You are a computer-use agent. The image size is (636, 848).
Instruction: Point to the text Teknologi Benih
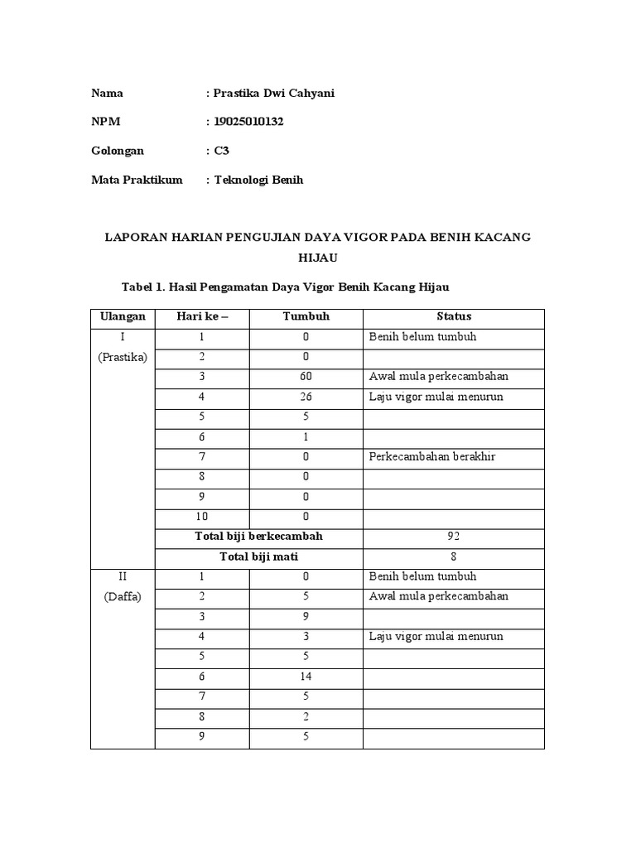tap(259, 180)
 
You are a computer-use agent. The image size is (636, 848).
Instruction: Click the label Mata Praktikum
tap(136, 180)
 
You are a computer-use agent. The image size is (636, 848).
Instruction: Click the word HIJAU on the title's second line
tap(317, 258)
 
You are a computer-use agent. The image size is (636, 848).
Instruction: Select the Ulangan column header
tap(123, 316)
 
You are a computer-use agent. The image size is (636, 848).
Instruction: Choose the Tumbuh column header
tap(306, 316)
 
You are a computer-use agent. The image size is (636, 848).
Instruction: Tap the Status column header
tap(454, 316)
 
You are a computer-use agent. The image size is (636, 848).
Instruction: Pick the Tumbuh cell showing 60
tap(306, 377)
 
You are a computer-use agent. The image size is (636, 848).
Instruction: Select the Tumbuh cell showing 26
tap(306, 397)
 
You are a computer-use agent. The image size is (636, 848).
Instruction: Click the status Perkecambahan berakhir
tap(432, 456)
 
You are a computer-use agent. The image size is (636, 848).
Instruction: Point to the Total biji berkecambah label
tap(258, 537)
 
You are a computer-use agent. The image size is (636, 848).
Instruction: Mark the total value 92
tap(454, 537)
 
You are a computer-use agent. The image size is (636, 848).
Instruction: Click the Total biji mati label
tap(258, 556)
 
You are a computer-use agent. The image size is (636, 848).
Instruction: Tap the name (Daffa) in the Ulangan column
tap(123, 596)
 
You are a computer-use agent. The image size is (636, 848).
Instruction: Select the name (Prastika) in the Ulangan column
tap(123, 357)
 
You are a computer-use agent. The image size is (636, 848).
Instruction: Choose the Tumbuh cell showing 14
tap(306, 677)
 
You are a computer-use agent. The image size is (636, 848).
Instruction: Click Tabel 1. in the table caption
tap(144, 287)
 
